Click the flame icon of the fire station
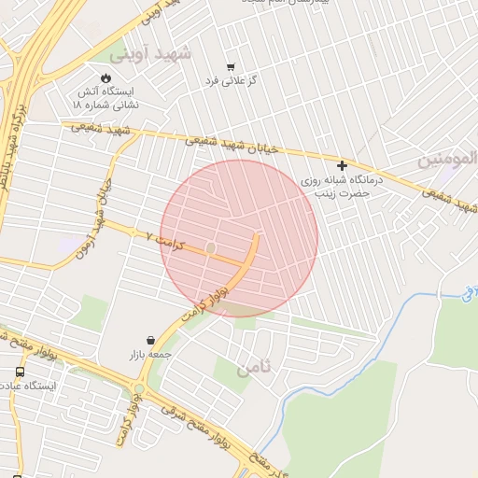point(105,77)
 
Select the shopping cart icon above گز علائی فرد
point(231,66)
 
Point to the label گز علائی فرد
point(232,81)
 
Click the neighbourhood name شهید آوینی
point(157,53)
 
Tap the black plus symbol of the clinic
point(343,165)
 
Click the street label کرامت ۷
point(160,238)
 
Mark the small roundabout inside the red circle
point(211,247)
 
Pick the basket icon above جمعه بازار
point(151,340)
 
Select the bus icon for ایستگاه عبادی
point(21,372)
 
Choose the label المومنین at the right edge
point(453,159)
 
